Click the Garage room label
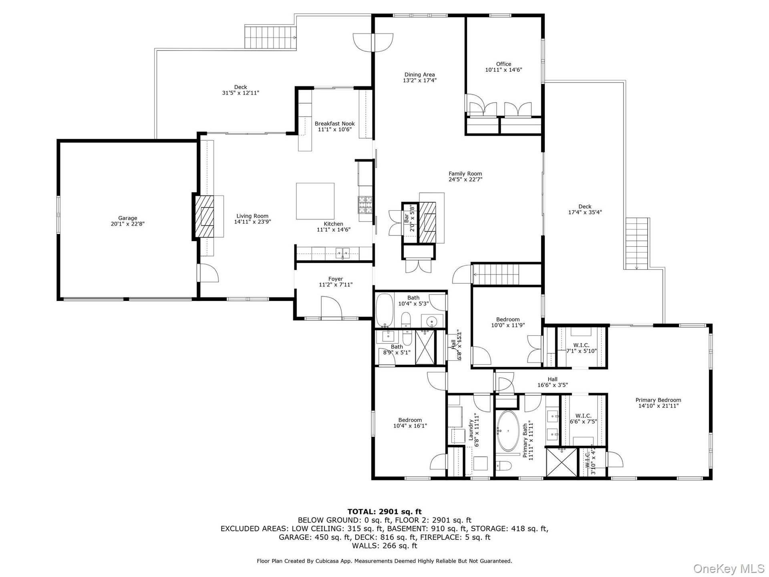coord(127,218)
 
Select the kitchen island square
coord(315,201)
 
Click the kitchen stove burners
coord(365,205)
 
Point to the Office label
coord(503,64)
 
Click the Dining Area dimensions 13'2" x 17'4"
coord(419,80)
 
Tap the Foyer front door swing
coord(330,307)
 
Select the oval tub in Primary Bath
coord(508,431)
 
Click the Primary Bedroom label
coord(658,400)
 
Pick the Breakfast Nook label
coord(334,124)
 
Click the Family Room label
coord(465,174)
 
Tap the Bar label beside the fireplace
coord(407,218)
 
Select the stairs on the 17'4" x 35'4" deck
coord(637,244)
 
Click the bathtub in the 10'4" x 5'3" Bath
coord(385,310)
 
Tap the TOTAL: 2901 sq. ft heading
coord(384,512)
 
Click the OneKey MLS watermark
coord(729,568)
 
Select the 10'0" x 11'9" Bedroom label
coord(508,320)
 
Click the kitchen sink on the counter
coord(343,253)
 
